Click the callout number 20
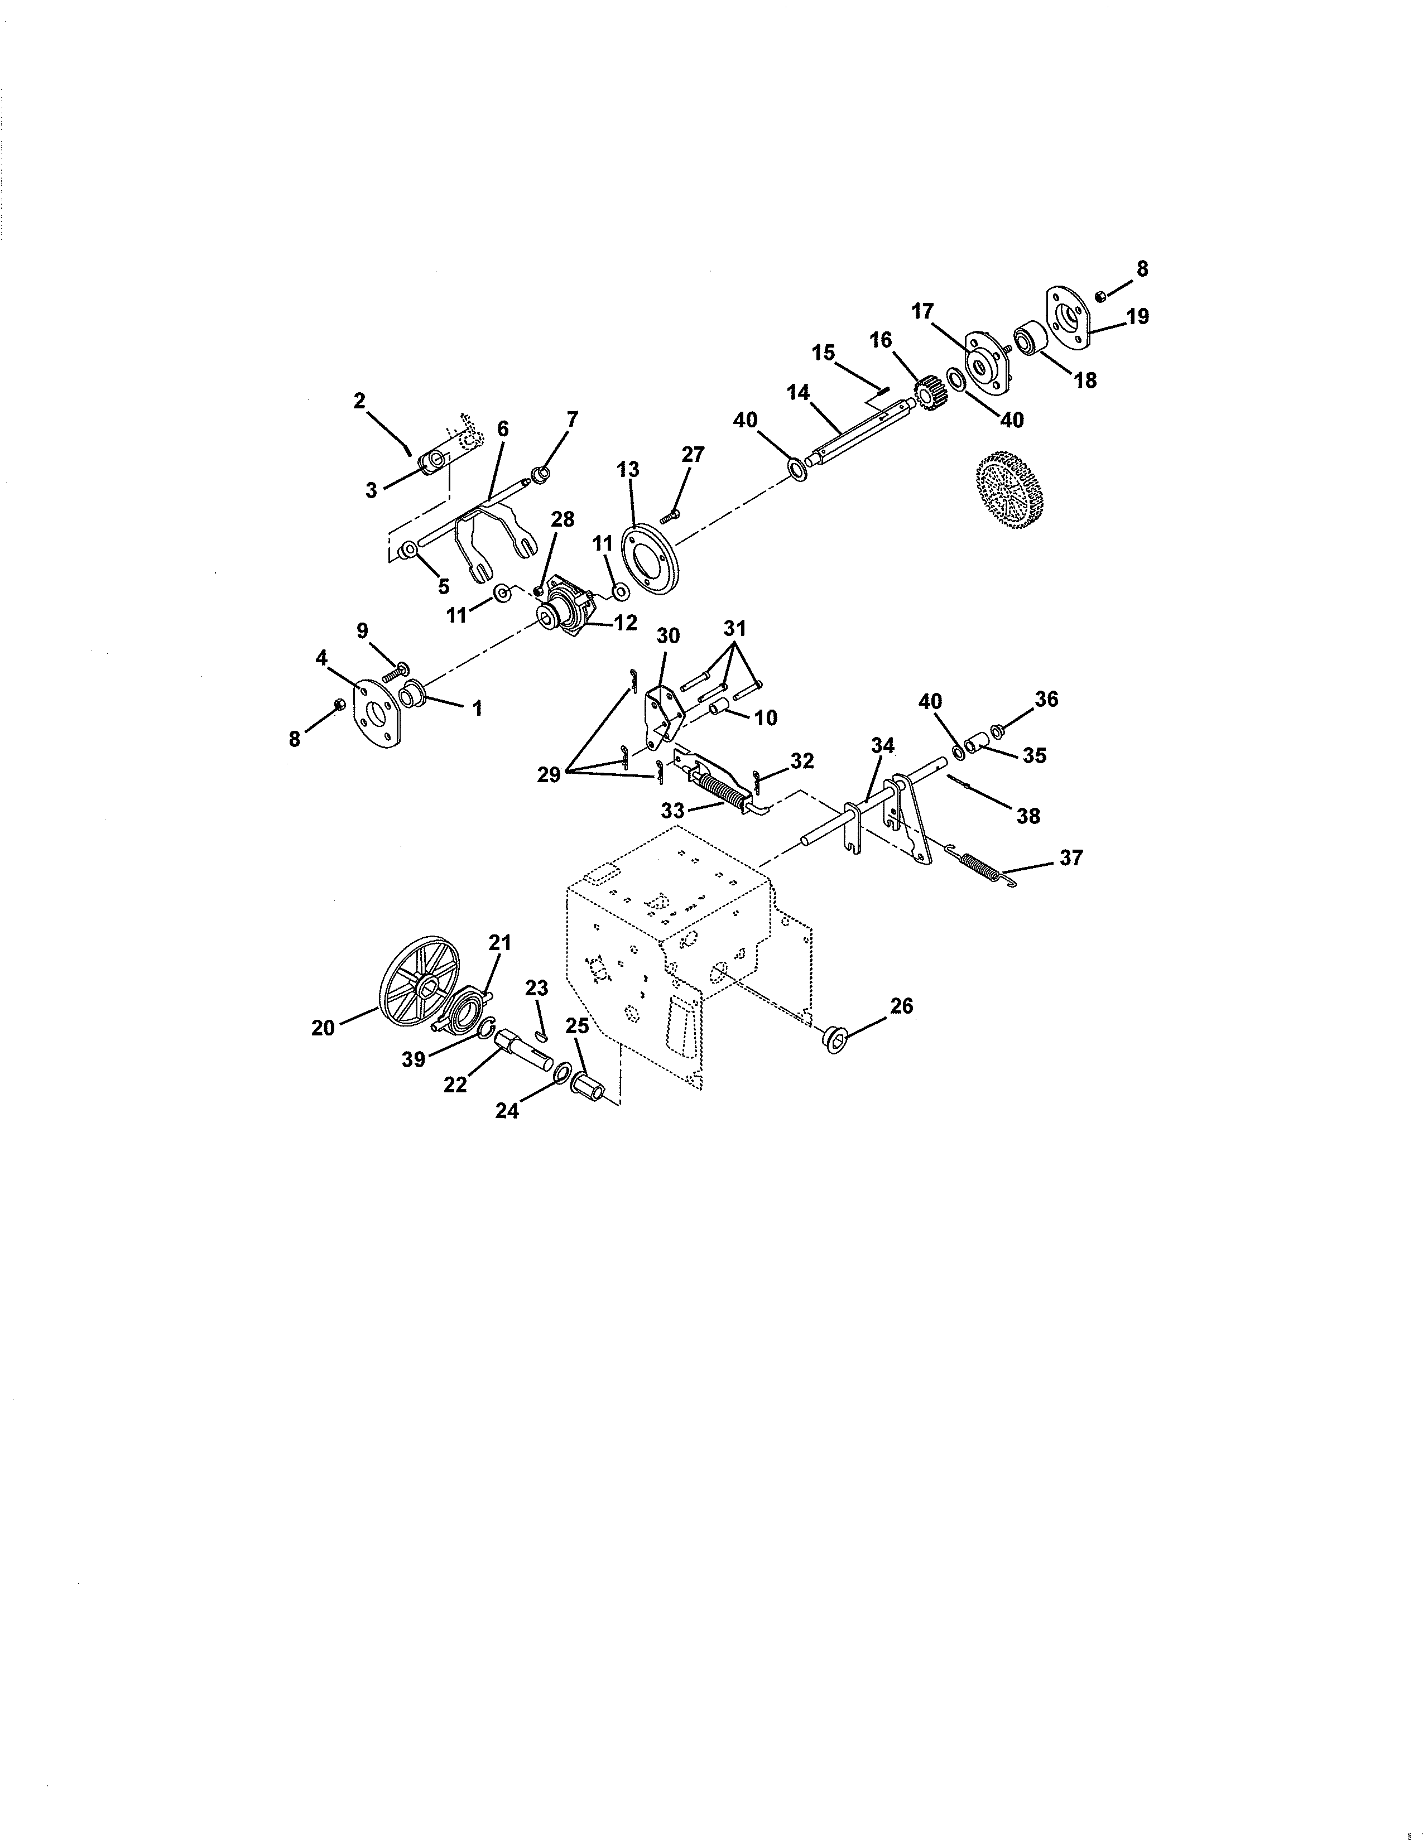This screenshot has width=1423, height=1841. click(323, 1028)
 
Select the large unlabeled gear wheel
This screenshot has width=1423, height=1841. click(1010, 489)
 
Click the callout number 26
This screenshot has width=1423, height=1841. click(901, 1006)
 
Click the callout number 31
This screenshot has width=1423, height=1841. click(734, 628)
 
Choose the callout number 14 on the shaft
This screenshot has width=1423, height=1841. click(797, 392)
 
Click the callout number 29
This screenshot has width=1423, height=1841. click(549, 774)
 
